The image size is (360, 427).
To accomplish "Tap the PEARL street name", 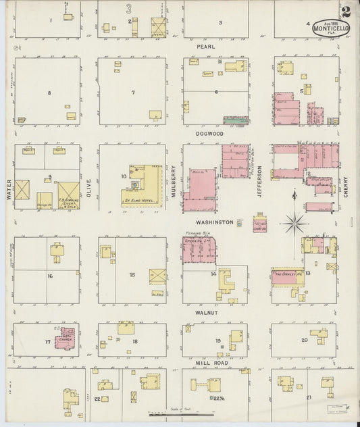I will tap(205, 47).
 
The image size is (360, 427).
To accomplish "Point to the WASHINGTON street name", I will tap(215, 222).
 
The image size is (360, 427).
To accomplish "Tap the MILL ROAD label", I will tap(215, 363).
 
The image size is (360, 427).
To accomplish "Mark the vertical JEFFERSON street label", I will tap(259, 177).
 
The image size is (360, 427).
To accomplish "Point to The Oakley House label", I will tap(286, 276).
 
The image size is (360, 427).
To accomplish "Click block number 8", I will tap(49, 92).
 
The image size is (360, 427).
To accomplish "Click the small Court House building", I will tap(259, 224).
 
